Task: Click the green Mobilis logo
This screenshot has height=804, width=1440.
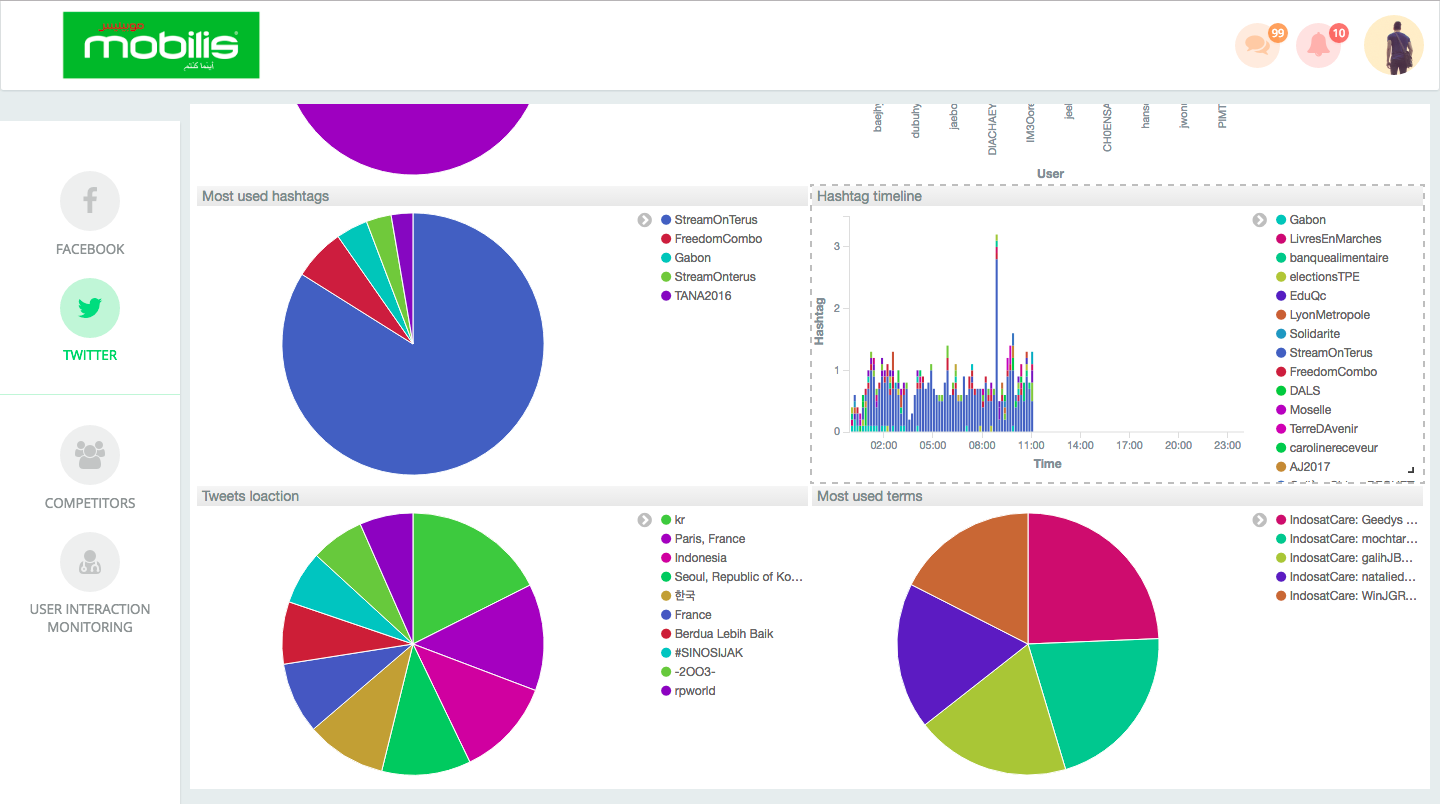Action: pyautogui.click(x=161, y=45)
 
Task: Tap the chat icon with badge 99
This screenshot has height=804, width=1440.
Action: pyautogui.click(x=1258, y=46)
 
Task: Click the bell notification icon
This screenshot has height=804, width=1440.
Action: pyautogui.click(x=1319, y=46)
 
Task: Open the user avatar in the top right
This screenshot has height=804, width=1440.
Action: pyautogui.click(x=1394, y=45)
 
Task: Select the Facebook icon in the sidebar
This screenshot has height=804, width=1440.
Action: pyautogui.click(x=90, y=201)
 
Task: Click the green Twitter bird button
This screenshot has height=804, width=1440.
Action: pyautogui.click(x=90, y=308)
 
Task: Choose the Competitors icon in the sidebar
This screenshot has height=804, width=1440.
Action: pyautogui.click(x=90, y=455)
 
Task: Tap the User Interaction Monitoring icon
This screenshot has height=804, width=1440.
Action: pyautogui.click(x=90, y=562)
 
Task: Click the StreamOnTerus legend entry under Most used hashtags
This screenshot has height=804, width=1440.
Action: pyautogui.click(x=715, y=220)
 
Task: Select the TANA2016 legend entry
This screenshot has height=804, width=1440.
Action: pyautogui.click(x=702, y=296)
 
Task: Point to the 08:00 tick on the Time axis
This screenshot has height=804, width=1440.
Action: pyautogui.click(x=982, y=445)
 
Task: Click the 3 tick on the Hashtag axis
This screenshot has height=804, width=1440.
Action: pyautogui.click(x=838, y=246)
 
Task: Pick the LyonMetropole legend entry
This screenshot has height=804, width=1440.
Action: pyautogui.click(x=1329, y=315)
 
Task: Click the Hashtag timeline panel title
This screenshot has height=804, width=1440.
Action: pyautogui.click(x=869, y=196)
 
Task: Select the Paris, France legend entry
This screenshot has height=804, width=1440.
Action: pyautogui.click(x=709, y=539)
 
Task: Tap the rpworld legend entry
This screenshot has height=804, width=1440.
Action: pyautogui.click(x=694, y=691)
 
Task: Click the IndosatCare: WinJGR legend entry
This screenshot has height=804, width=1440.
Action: pyautogui.click(x=1352, y=596)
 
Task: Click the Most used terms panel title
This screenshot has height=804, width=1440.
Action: pyautogui.click(x=869, y=496)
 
